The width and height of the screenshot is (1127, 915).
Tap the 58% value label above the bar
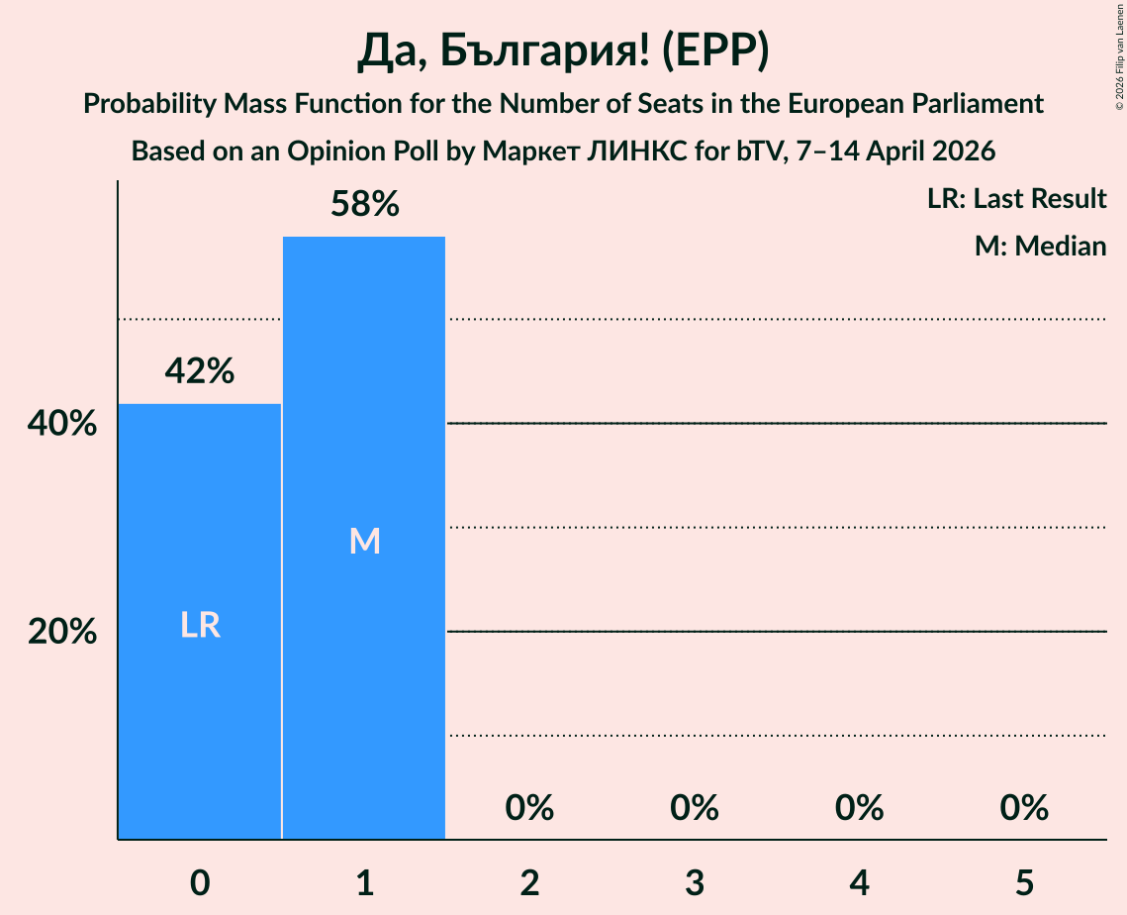click(364, 204)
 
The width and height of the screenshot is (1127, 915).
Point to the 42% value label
click(200, 371)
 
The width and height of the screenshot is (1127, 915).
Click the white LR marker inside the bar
click(200, 626)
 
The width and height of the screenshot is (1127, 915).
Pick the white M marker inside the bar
click(364, 541)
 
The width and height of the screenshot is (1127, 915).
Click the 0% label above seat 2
click(529, 808)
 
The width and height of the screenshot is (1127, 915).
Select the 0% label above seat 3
click(695, 808)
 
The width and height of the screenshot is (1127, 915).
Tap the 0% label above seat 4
click(859, 808)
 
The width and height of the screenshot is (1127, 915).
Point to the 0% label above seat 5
click(1024, 808)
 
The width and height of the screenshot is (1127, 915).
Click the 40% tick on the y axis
click(62, 424)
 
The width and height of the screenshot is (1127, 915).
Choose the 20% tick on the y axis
click(62, 632)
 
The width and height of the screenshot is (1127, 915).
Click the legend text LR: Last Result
click(1016, 199)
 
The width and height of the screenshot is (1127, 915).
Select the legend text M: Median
click(1040, 246)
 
